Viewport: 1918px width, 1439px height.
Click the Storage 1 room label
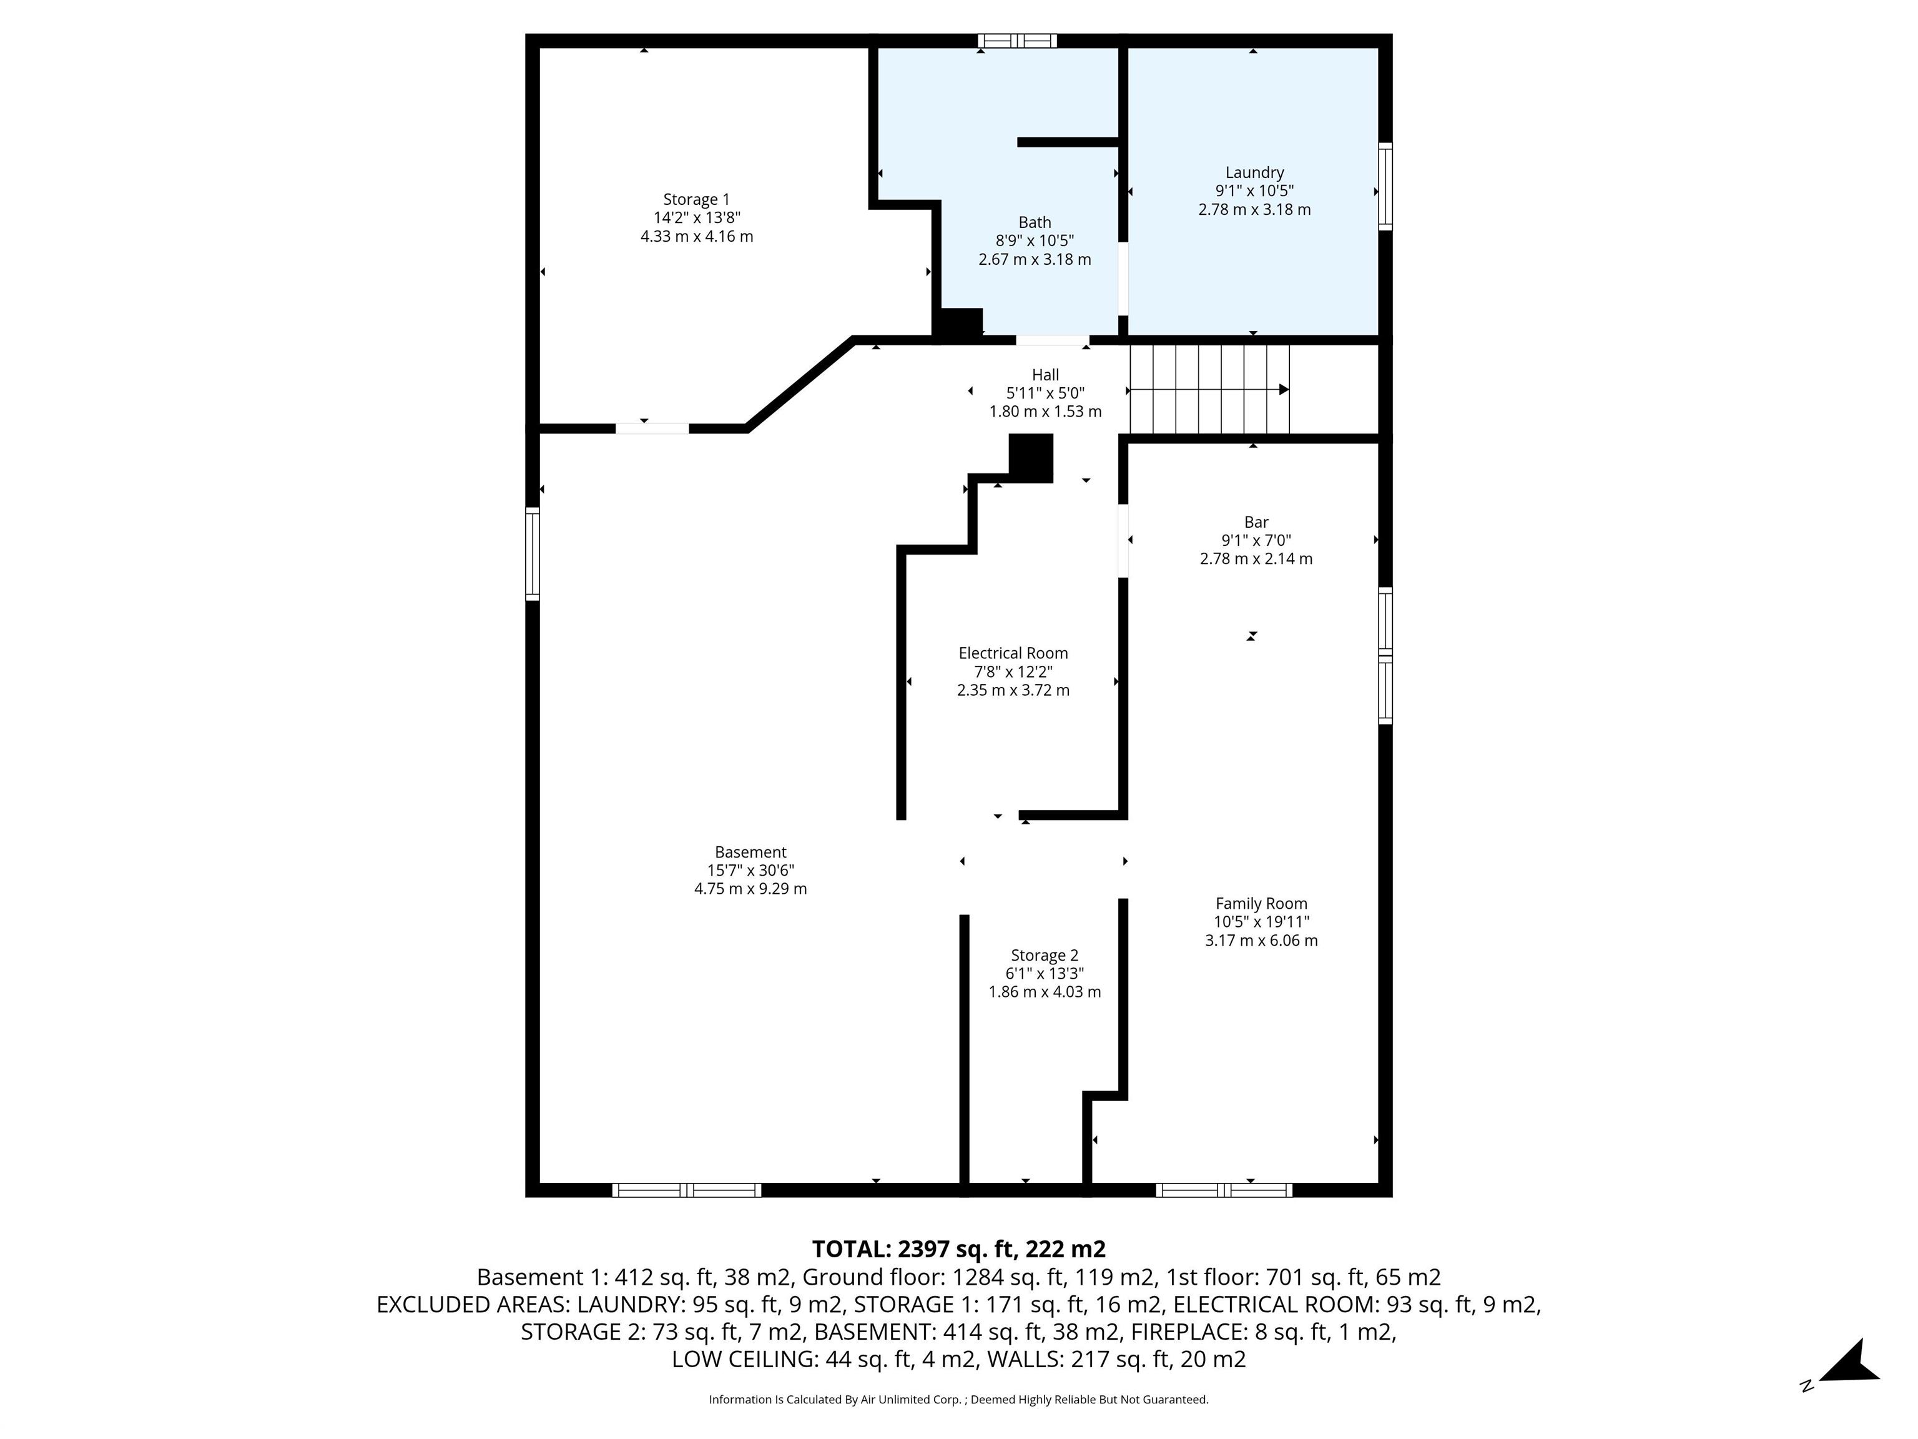(696, 199)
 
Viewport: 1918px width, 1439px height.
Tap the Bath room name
(1035, 222)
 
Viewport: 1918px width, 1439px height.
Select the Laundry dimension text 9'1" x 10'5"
(1254, 191)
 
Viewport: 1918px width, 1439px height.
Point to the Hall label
(1045, 375)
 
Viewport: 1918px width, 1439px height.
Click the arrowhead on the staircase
(1284, 390)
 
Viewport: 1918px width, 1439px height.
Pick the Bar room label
(1256, 522)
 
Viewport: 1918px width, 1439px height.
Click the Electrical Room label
(1013, 653)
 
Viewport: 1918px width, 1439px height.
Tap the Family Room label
(1261, 903)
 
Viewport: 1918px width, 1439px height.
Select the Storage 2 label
(1044, 955)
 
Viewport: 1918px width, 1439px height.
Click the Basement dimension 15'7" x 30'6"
(750, 870)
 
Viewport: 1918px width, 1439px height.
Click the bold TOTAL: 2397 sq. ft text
(958, 1249)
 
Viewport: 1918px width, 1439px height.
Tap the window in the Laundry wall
(1385, 187)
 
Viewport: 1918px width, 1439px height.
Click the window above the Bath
(1017, 40)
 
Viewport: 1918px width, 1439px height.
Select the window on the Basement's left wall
(533, 553)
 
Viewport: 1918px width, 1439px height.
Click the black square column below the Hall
(1031, 457)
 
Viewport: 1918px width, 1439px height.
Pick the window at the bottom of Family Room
(1224, 1190)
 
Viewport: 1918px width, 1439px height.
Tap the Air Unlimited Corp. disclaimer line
(958, 1399)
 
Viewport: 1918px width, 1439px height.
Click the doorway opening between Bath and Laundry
(1123, 277)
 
